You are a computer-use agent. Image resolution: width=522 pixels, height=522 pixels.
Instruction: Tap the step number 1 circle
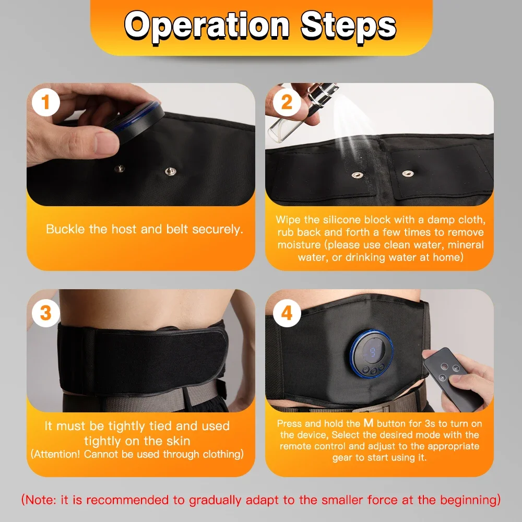coord(46,103)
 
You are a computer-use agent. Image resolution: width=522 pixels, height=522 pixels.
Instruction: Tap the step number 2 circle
coord(287,103)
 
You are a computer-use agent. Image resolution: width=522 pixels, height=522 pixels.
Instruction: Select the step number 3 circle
coord(46,313)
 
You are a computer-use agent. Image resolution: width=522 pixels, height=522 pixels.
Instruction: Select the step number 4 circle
coord(287,313)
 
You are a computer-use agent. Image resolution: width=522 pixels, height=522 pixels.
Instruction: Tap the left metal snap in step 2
coord(357,175)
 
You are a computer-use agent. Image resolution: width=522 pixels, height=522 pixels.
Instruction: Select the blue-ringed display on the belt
coord(371,353)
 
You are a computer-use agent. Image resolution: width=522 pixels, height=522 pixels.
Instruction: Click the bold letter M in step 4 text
coord(369,423)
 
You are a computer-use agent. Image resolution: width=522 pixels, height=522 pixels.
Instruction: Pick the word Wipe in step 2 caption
coord(288,219)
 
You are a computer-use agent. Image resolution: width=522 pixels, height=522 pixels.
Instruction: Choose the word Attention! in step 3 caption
coord(56,454)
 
